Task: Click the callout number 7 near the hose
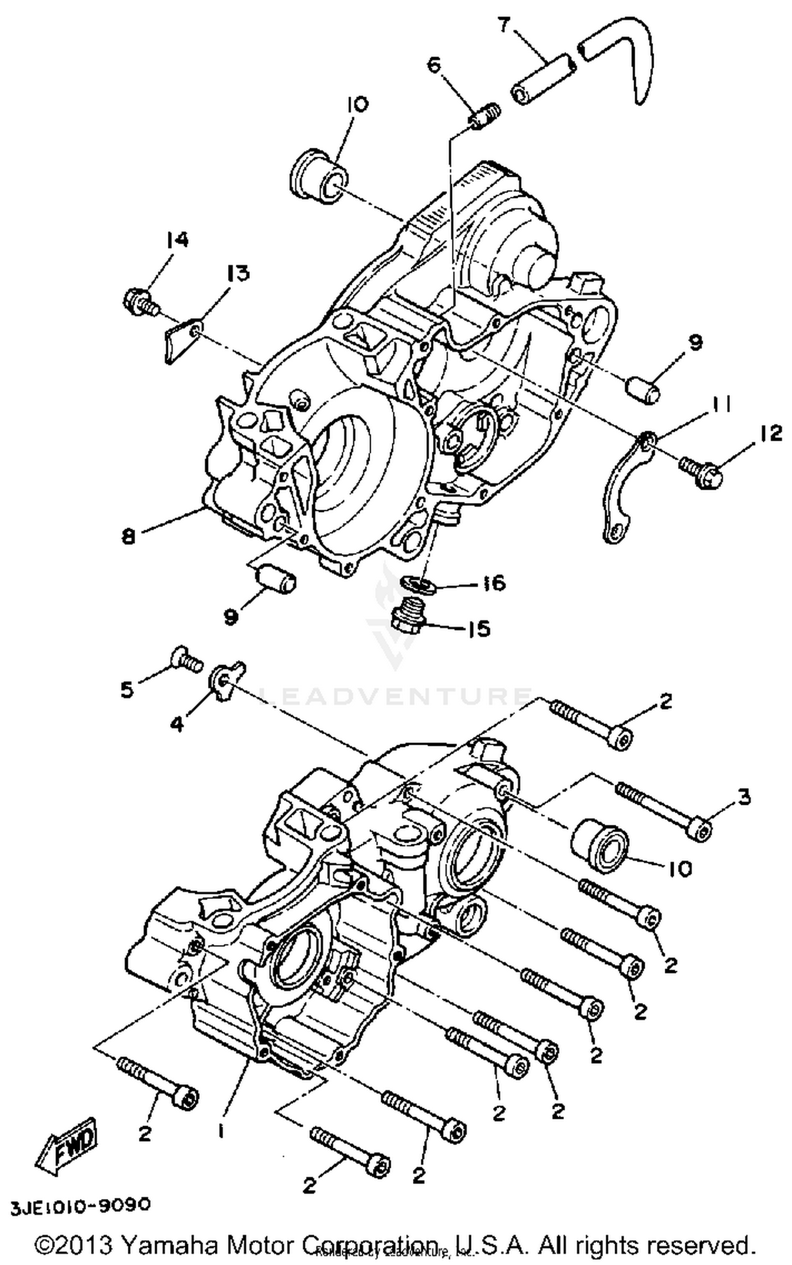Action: point(504,25)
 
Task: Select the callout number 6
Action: point(433,67)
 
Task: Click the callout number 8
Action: point(128,537)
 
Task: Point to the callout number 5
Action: point(127,690)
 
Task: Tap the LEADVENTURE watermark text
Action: point(396,696)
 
